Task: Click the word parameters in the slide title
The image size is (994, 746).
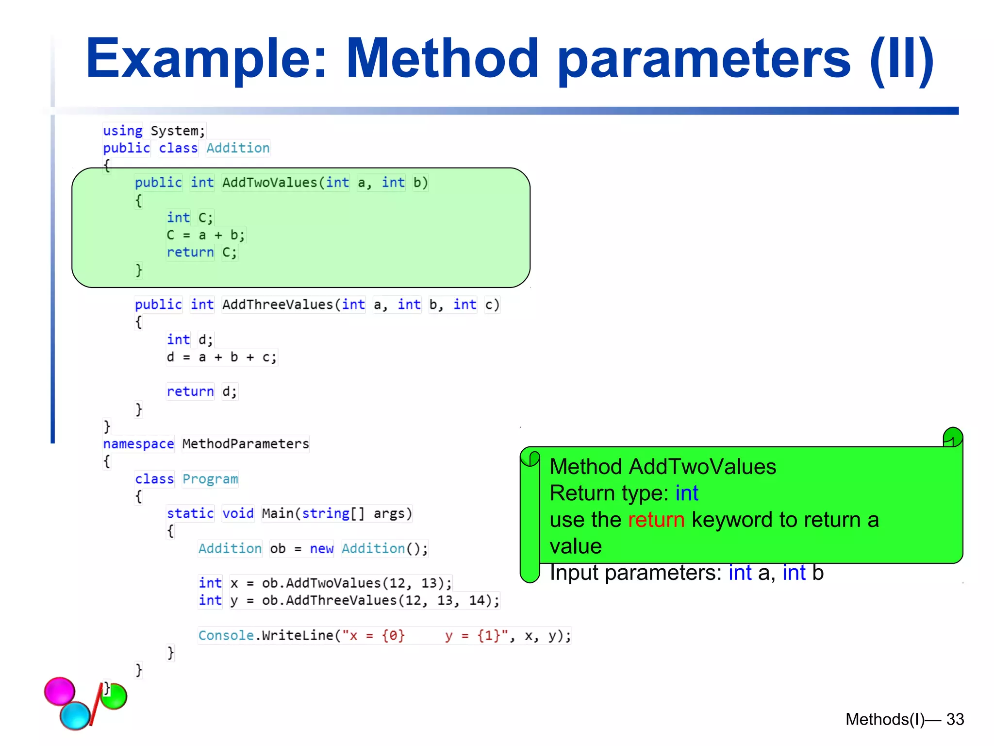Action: [x=704, y=59]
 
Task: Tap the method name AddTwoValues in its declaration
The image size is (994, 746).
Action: [x=269, y=183]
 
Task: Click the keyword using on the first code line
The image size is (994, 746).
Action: [x=123, y=131]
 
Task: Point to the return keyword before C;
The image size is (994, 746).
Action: [x=190, y=253]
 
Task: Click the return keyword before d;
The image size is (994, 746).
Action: [x=190, y=391]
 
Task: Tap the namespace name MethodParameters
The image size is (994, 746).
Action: [x=246, y=444]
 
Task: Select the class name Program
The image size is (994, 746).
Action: [x=210, y=479]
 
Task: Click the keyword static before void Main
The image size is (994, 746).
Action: [x=190, y=513]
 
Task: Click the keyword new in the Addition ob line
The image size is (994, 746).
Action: [x=321, y=549]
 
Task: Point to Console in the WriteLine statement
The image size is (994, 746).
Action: [x=226, y=636]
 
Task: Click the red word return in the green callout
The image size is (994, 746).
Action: [x=656, y=520]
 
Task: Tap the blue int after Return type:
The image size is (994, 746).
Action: [x=686, y=493]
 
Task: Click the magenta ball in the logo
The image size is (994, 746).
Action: [x=60, y=691]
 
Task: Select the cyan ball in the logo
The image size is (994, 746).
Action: [x=75, y=715]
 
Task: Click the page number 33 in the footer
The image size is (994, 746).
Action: [x=955, y=719]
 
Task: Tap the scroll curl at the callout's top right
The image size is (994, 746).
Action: [x=953, y=437]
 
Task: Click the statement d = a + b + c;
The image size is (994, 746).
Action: [x=221, y=357]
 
